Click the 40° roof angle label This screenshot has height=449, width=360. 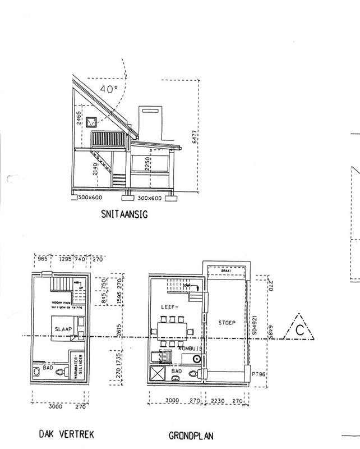108,89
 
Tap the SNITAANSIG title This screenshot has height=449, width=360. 124,213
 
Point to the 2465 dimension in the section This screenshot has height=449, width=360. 80,119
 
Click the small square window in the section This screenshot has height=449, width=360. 92,121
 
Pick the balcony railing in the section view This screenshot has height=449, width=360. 110,138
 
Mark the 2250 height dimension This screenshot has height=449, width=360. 146,164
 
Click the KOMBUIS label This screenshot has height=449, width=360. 190,349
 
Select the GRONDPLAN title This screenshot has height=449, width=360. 191,435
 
